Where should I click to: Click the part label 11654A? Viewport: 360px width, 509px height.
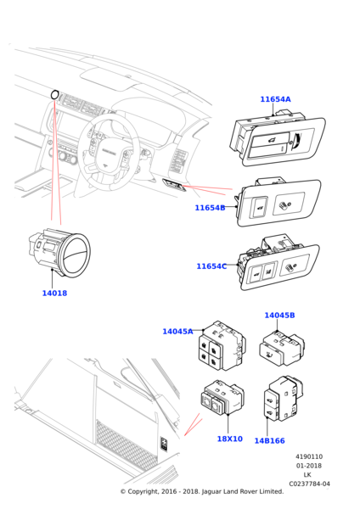pyautogui.click(x=275, y=99)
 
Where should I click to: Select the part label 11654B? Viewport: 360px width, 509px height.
pyautogui.click(x=210, y=208)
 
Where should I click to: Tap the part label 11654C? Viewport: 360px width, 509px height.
pyautogui.click(x=211, y=266)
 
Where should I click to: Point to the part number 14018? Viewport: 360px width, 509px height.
pyautogui.click(x=54, y=294)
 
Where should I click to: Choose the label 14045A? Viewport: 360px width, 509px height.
pyautogui.click(x=177, y=332)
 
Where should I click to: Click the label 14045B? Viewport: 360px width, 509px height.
pyautogui.click(x=279, y=316)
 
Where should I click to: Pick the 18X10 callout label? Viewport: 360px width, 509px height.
pyautogui.click(x=230, y=439)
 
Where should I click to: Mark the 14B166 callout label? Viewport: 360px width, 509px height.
pyautogui.click(x=269, y=441)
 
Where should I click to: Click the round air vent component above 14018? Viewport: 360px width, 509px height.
pyautogui.click(x=60, y=253)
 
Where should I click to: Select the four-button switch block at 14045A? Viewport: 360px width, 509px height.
pyautogui.click(x=222, y=346)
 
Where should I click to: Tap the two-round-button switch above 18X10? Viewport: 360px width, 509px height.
pyautogui.click(x=222, y=398)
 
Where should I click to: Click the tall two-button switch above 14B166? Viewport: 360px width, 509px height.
pyautogui.click(x=284, y=399)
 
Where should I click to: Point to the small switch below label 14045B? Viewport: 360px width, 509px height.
pyautogui.click(x=282, y=349)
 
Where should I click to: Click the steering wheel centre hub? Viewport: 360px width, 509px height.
pyautogui.click(x=104, y=154)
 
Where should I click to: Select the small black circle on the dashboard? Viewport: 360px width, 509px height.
pyautogui.click(x=54, y=94)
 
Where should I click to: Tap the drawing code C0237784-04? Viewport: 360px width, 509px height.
pyautogui.click(x=309, y=484)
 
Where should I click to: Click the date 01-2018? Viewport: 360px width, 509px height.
pyautogui.click(x=309, y=466)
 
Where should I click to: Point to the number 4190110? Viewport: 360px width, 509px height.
pyautogui.click(x=309, y=456)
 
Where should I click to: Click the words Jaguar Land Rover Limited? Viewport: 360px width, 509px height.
pyautogui.click(x=243, y=491)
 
